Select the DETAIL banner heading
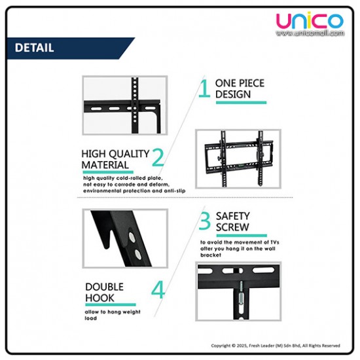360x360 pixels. click(x=34, y=48)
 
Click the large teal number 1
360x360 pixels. click(x=205, y=88)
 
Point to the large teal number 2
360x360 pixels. click(x=158, y=157)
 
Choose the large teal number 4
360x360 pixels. click(x=158, y=290)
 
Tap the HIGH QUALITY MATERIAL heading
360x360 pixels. click(x=115, y=159)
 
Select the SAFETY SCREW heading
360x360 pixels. click(x=233, y=221)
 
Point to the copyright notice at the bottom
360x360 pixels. click(x=275, y=345)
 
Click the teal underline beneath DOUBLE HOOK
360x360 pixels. click(x=110, y=304)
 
